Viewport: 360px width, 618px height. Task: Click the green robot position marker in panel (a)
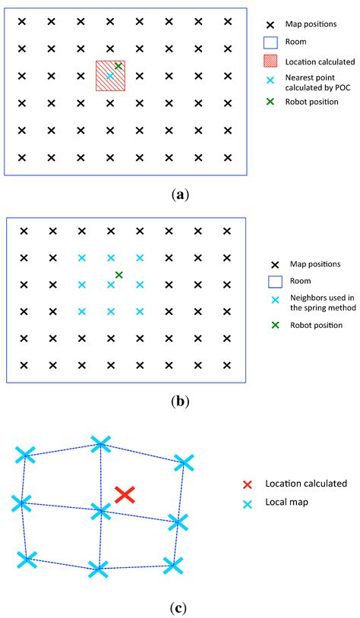tap(118, 67)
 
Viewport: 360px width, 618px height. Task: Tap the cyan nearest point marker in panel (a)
tap(110, 76)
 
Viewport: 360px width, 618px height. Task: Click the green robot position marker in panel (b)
tap(118, 275)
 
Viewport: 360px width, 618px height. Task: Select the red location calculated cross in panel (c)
tap(125, 494)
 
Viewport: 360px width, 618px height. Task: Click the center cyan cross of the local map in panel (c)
tap(100, 512)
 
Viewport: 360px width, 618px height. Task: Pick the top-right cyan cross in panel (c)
tap(184, 462)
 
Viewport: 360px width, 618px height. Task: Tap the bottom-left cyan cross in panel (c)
tap(27, 560)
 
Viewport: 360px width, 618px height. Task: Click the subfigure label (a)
tap(180, 194)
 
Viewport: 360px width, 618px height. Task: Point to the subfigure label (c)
tap(180, 607)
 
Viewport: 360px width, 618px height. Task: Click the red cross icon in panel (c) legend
tap(247, 484)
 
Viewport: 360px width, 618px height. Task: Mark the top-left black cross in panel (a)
tap(22, 21)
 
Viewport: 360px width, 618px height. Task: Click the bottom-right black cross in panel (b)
tap(227, 365)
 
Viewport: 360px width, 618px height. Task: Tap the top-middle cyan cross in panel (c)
tap(100, 443)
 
